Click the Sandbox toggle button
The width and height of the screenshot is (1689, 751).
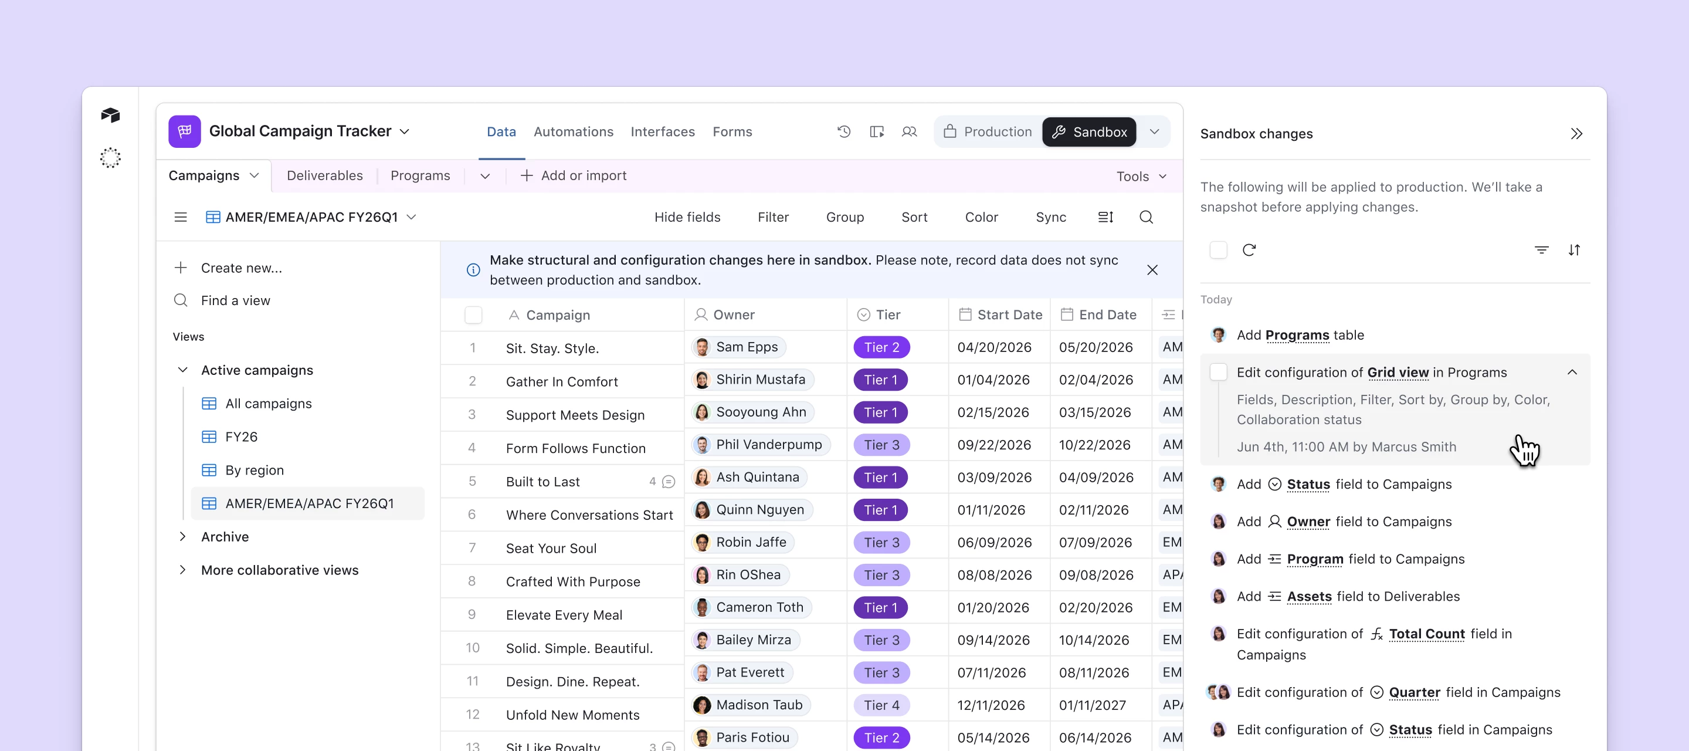pos(1089,132)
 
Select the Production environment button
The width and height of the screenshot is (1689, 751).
pos(988,132)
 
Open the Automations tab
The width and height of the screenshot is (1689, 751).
pos(573,132)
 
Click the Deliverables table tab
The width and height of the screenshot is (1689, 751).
pos(324,176)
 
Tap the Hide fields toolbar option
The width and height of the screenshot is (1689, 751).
pos(687,217)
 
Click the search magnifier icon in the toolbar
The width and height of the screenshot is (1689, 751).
pos(1145,217)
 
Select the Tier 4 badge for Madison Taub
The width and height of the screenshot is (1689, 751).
pos(881,705)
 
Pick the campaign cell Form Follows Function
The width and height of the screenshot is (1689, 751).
pos(575,449)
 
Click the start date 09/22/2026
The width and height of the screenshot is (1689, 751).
pos(994,445)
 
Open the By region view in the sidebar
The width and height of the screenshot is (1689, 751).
pos(255,471)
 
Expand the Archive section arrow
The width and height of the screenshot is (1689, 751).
pos(183,536)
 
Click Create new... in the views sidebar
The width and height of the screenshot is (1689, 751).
pos(240,268)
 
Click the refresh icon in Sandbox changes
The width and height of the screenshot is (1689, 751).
pos(1249,250)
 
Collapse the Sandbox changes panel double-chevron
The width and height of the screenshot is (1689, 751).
pos(1576,134)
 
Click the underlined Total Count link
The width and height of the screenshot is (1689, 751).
pos(1426,634)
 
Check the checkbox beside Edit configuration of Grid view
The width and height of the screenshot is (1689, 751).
pos(1217,373)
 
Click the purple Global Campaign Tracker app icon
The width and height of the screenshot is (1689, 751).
pos(185,131)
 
